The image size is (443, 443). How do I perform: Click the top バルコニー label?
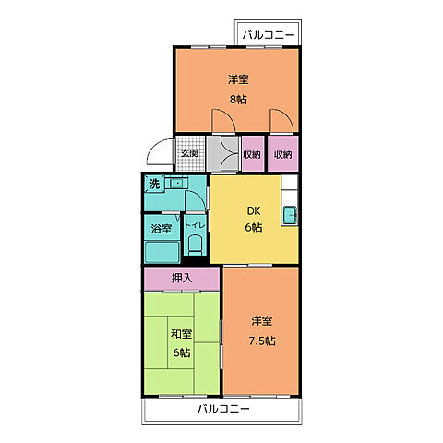[x=268, y=35]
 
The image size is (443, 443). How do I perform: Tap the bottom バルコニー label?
[x=223, y=409]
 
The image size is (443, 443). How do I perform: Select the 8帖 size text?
[x=238, y=100]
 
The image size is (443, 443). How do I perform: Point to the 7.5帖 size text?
[x=262, y=341]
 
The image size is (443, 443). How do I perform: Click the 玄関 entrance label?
[x=189, y=153]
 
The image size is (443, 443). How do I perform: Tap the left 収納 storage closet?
[x=253, y=154]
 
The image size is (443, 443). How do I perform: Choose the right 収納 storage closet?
[x=283, y=154]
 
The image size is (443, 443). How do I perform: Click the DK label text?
[x=254, y=211]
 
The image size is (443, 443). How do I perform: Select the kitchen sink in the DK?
[x=290, y=215]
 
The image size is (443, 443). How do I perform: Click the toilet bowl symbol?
[x=195, y=245]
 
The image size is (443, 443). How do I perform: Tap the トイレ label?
[x=195, y=225]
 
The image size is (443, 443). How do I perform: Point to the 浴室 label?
[x=162, y=229]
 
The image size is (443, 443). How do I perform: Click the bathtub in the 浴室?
[x=162, y=252]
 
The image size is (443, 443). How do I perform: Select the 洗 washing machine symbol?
[x=154, y=184]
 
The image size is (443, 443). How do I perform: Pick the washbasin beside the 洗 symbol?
[x=176, y=184]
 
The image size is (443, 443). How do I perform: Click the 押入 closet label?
[x=182, y=279]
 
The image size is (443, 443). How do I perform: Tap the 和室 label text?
[x=182, y=334]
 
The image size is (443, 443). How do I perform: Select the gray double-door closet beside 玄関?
[x=223, y=154]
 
